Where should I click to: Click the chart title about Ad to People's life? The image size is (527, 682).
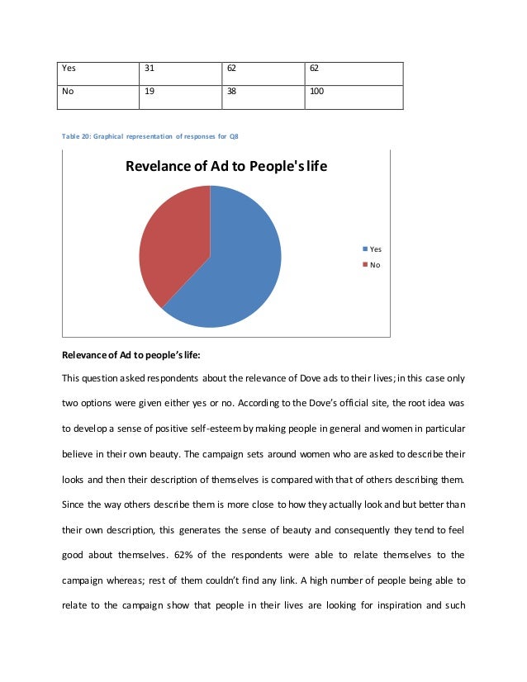click(x=226, y=167)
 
